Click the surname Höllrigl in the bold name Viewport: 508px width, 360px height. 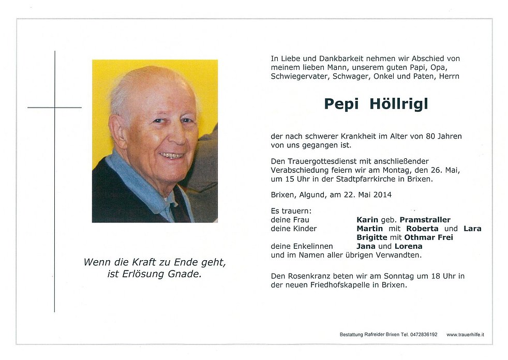[399, 104]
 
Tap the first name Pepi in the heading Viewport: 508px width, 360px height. [342, 104]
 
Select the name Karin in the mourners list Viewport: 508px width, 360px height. [367, 220]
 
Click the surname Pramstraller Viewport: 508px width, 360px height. [425, 220]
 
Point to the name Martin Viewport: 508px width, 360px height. [369, 229]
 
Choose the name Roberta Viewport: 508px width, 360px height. [422, 229]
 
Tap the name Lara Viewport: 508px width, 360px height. [472, 229]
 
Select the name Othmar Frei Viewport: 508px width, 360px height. [428, 237]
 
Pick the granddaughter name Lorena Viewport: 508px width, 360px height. [408, 246]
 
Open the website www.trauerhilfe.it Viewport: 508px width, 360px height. [465, 335]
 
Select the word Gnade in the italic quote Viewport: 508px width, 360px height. [185, 274]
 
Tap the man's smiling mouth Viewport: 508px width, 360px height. [171, 155]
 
